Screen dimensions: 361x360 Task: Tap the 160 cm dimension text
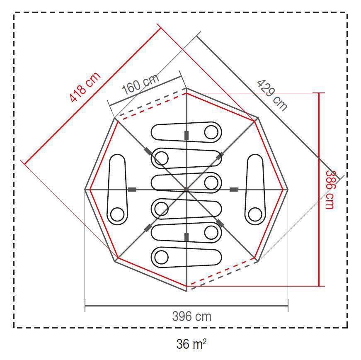141,84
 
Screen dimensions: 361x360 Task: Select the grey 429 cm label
272,95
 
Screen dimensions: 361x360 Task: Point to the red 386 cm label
330,190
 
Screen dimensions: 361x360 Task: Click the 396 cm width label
192,316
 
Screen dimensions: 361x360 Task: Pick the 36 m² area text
191,344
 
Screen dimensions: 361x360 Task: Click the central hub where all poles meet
187,190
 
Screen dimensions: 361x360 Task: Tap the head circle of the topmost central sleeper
211,132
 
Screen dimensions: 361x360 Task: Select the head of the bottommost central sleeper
162,257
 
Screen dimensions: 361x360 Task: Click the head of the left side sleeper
117,214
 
